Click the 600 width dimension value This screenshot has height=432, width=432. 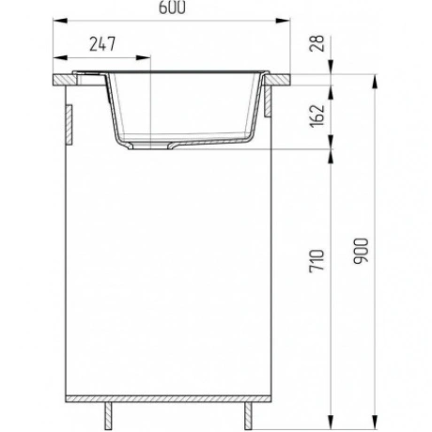click(172, 8)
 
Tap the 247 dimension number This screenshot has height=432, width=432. click(102, 44)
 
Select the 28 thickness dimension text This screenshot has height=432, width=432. click(316, 43)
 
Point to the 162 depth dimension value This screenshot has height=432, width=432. click(316, 116)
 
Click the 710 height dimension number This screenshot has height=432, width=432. click(316, 261)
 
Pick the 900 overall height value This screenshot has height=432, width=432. click(361, 251)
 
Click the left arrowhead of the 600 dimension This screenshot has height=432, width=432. click(60, 21)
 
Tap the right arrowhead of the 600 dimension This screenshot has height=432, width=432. click(283, 21)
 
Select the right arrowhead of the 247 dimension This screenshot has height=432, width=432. click(143, 57)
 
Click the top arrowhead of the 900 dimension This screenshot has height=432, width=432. click(374, 82)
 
